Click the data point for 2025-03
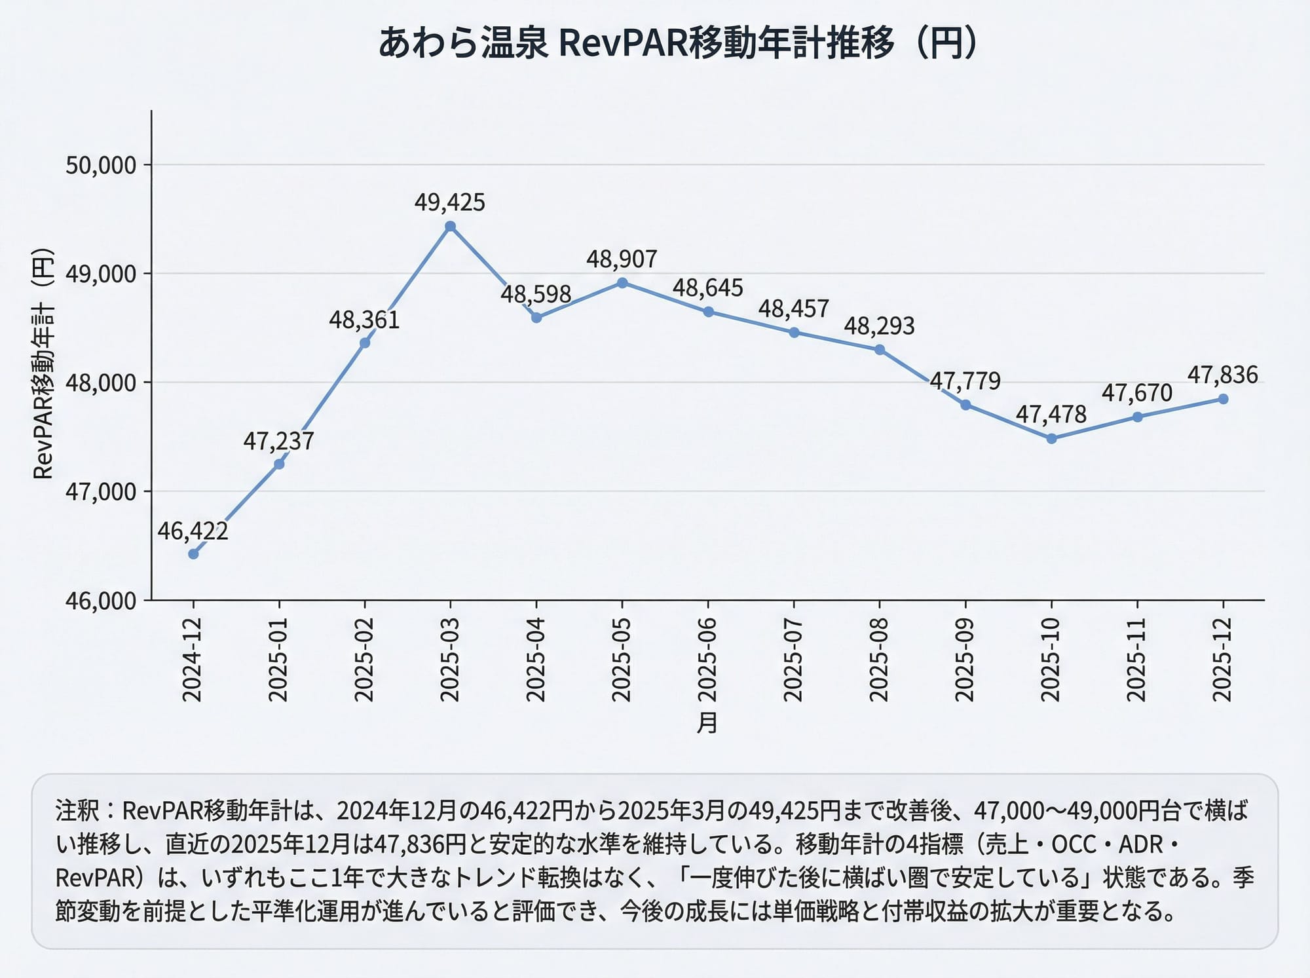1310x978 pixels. click(450, 227)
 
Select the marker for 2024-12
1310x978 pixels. click(193, 554)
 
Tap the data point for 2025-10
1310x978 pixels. click(1051, 439)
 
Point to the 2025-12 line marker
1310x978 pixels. click(1223, 399)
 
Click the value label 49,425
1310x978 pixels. click(450, 202)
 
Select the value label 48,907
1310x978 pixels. click(622, 259)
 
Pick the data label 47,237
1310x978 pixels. click(279, 442)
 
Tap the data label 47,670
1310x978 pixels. click(1137, 393)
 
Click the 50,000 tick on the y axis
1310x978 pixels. click(101, 165)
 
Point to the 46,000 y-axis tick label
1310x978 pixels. click(101, 601)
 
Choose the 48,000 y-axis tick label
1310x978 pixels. click(101, 383)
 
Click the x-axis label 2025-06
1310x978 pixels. click(707, 660)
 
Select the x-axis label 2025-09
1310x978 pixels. click(965, 660)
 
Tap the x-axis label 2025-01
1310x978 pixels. click(278, 660)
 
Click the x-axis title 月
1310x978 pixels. click(707, 723)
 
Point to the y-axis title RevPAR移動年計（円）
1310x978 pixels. click(43, 364)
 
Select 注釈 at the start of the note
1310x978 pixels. click(77, 811)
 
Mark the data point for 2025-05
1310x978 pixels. click(622, 283)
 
